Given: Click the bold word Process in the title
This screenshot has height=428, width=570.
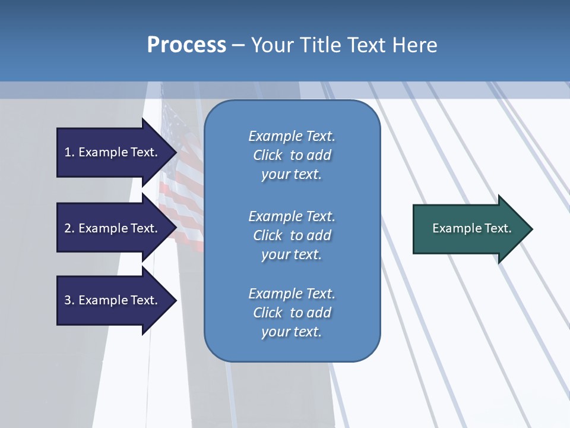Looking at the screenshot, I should (x=186, y=45).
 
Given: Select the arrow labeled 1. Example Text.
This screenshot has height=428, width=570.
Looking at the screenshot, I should (x=113, y=152).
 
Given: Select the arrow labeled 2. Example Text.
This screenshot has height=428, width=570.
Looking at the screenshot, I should (x=113, y=228).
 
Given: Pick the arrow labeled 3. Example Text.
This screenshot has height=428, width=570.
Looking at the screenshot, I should (x=113, y=300).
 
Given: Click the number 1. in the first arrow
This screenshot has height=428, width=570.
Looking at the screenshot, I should (x=69, y=152).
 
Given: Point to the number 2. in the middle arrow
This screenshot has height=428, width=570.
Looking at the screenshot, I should (x=69, y=228).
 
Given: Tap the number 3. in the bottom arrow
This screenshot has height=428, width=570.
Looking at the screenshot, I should (x=69, y=300).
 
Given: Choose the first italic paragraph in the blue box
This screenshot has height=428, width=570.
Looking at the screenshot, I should (x=292, y=155).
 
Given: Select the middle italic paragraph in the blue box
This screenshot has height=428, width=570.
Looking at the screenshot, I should (x=292, y=235).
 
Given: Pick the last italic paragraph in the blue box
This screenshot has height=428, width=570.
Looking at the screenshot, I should (x=292, y=312).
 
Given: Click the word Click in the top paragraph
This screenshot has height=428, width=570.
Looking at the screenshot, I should (x=268, y=155).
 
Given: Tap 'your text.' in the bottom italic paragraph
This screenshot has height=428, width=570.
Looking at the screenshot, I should (x=292, y=332).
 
